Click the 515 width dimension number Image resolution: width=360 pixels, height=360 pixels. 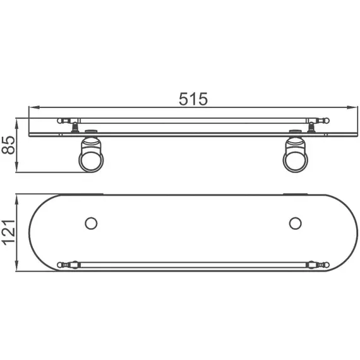[193, 99]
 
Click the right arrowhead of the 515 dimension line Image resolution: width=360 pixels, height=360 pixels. [350, 107]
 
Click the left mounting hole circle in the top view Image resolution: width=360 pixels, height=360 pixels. [90, 223]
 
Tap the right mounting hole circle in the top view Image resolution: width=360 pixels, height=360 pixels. [295, 223]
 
